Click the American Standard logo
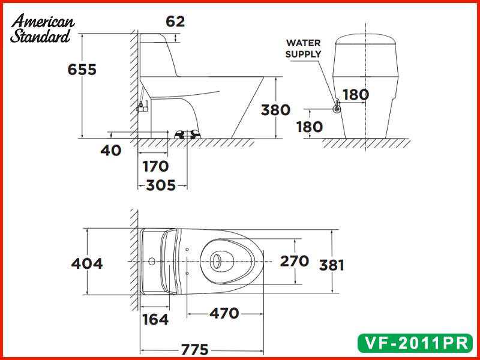(x=43, y=29)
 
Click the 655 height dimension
(x=82, y=69)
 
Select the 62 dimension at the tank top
(x=175, y=22)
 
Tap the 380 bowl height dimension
(x=276, y=110)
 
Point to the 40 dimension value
(x=110, y=150)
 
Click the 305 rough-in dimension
(x=161, y=185)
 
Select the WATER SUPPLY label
(x=303, y=49)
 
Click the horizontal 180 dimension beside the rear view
(x=356, y=94)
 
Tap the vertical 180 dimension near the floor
(x=310, y=127)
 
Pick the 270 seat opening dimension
(x=295, y=261)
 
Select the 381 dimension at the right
(x=331, y=265)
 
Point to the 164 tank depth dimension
(x=155, y=319)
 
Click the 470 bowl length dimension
(x=225, y=313)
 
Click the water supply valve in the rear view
(x=337, y=109)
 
